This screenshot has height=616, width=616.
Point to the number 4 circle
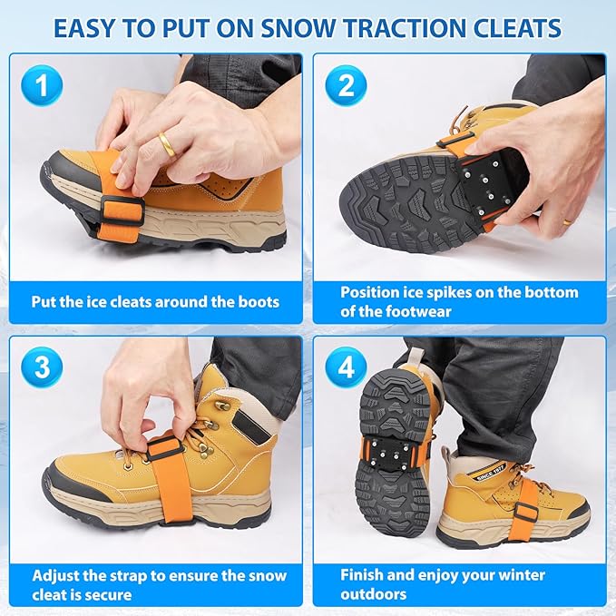pos(346,367)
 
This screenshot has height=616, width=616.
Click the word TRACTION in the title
pos(405,28)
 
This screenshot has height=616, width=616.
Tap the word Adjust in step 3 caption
pos(56,575)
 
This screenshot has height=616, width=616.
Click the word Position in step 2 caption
pos(371,292)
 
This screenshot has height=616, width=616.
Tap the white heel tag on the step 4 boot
pos(485,476)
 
